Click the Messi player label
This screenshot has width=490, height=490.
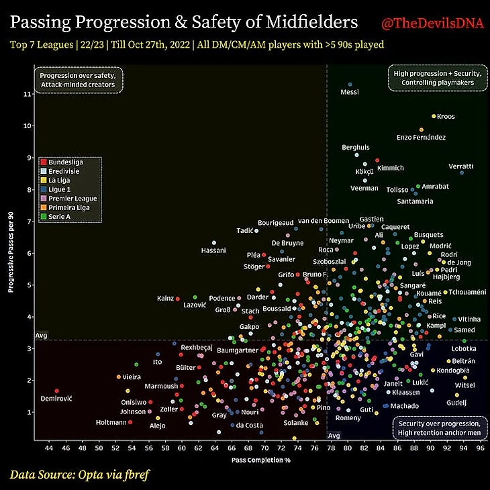coord(350,92)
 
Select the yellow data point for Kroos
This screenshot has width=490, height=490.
coord(434,116)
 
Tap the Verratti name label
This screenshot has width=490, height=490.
coord(461,166)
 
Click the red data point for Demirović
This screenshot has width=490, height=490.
coord(56,391)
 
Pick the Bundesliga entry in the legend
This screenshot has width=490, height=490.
coord(68,163)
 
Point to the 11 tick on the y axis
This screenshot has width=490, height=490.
coord(27,94)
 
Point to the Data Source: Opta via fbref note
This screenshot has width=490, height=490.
coord(79,475)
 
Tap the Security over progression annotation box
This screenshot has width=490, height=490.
coord(439,428)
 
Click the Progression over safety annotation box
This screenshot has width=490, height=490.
coord(78,80)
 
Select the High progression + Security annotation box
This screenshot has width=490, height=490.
coord(433,78)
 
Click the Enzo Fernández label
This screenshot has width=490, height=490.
coord(421,138)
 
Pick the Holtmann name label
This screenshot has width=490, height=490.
coord(110,423)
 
